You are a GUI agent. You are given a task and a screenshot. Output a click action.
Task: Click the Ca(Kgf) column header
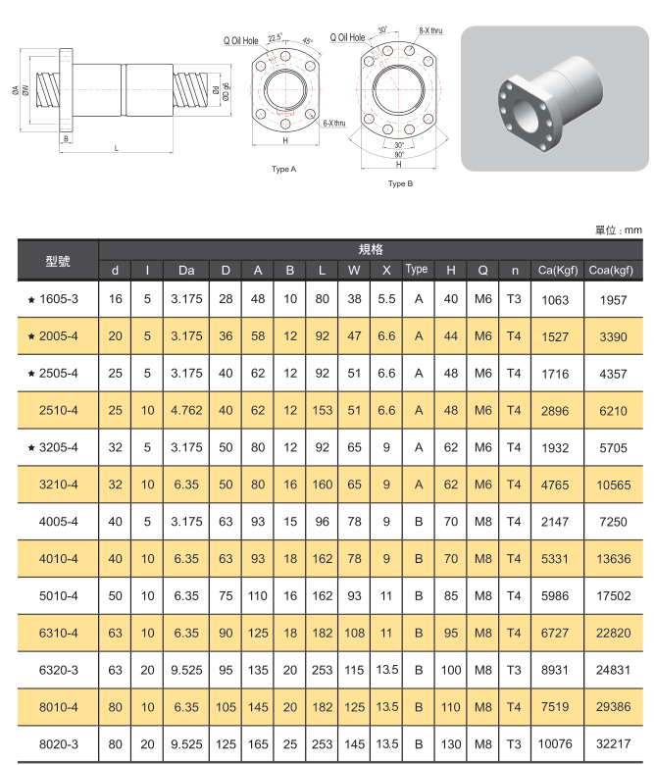tap(555, 270)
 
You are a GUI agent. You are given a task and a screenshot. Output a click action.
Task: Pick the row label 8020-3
tap(59, 743)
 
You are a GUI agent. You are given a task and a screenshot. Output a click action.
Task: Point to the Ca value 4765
tap(555, 484)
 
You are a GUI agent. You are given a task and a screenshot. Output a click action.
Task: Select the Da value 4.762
tap(186, 410)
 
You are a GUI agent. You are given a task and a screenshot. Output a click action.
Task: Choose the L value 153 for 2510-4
tap(322, 410)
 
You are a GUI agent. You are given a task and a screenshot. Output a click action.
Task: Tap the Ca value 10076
tap(555, 743)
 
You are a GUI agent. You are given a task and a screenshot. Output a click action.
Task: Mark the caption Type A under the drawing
tap(284, 170)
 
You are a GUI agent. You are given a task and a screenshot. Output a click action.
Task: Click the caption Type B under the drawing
tap(400, 183)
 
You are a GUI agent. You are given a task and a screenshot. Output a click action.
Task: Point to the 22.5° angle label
tap(274, 36)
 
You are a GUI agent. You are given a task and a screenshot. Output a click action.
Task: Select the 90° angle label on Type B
tap(399, 155)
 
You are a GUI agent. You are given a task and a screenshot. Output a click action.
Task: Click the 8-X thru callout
tap(430, 31)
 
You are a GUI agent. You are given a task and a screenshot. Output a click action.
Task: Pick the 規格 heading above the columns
tap(372, 249)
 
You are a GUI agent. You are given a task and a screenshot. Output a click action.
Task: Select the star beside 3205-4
tap(32, 447)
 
